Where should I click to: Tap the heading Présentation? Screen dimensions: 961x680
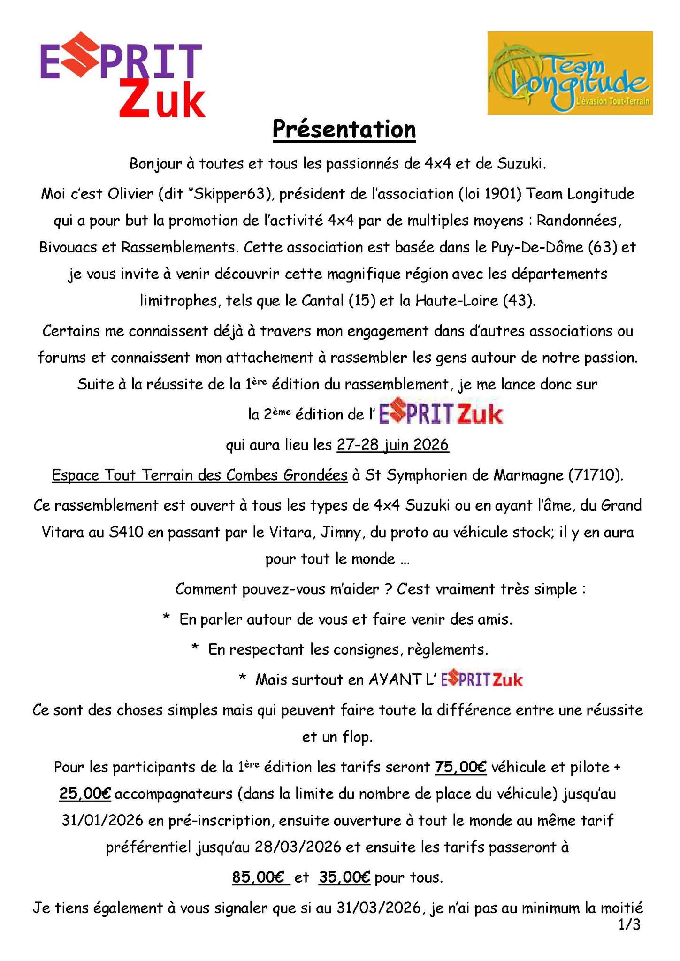tap(344, 130)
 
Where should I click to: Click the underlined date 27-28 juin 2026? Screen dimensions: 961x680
tap(393, 444)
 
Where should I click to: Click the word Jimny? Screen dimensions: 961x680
tap(345, 533)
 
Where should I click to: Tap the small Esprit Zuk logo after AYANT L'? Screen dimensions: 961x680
tap(482, 679)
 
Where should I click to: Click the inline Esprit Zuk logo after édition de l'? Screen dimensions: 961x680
tap(440, 414)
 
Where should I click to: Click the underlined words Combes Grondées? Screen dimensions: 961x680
tap(287, 475)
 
